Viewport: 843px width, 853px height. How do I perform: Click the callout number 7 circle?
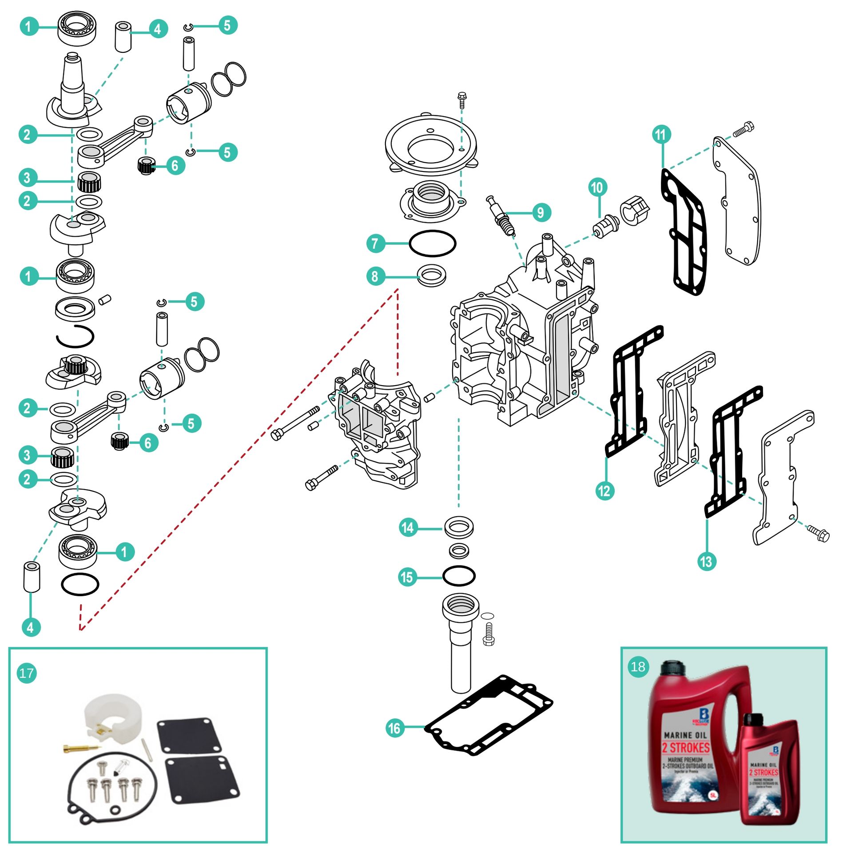tap(376, 243)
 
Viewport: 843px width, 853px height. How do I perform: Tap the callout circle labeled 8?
tap(376, 276)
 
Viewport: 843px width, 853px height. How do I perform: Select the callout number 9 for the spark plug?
tap(541, 213)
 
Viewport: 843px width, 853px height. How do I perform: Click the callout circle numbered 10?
tap(598, 187)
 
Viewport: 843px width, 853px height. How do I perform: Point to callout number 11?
tap(661, 134)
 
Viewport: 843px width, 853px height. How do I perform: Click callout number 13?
tap(706, 562)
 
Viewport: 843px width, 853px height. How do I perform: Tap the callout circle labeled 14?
tap(408, 528)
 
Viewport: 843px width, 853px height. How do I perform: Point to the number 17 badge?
tap(27, 673)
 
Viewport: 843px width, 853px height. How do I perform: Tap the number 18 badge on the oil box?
tap(638, 666)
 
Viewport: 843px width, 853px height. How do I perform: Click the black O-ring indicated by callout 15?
tap(459, 576)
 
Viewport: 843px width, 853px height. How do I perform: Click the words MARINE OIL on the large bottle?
tap(685, 735)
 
